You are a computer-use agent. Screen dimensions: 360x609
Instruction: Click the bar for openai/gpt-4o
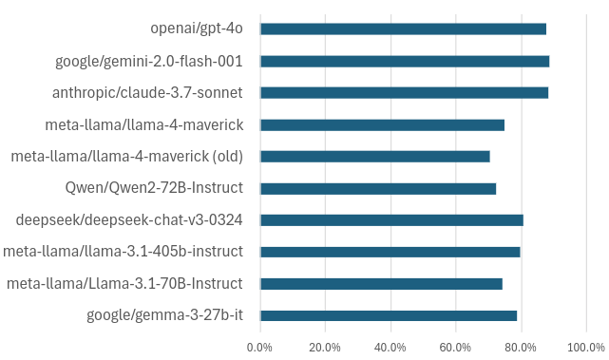403,28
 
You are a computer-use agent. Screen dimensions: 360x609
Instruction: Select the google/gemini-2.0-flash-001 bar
405,61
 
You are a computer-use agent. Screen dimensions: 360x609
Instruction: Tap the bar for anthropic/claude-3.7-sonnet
404,93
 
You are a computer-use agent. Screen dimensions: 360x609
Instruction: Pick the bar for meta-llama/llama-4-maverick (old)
375,157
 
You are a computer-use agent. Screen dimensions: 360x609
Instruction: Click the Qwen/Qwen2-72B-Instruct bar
378,188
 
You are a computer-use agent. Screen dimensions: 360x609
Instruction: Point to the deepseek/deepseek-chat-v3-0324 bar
391,220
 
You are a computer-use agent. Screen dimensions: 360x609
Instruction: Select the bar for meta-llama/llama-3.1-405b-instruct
390,252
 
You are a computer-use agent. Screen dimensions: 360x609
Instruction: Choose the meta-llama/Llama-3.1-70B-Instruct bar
381,284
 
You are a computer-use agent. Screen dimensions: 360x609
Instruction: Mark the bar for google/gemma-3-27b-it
389,315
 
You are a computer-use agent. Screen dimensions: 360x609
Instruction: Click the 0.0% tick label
260,347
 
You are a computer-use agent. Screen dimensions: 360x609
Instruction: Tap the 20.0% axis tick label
325,347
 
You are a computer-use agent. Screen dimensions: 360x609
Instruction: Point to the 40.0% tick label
390,347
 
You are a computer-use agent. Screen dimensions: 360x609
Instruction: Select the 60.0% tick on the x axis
455,347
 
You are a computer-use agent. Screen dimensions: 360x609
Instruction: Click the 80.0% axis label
521,347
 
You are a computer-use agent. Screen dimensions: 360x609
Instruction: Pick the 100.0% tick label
585,347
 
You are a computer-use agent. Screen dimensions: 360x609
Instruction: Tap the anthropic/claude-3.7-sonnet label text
147,93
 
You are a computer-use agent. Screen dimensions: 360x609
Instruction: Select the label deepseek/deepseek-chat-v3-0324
129,220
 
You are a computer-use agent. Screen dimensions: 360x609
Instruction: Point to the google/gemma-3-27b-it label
164,315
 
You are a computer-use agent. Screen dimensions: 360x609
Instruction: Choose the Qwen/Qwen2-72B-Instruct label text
154,188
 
